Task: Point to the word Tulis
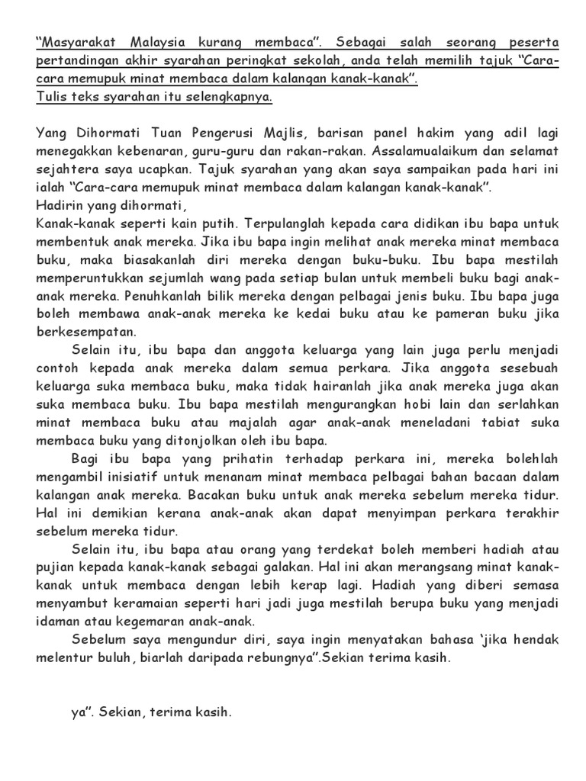pyautogui.click(x=50, y=97)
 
